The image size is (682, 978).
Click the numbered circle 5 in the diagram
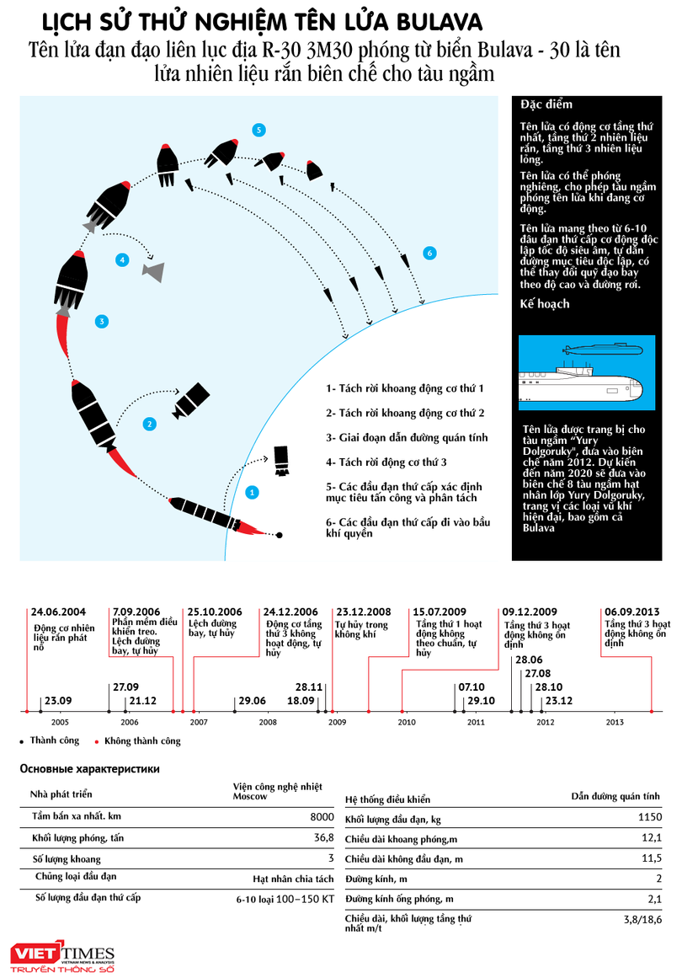[258, 129]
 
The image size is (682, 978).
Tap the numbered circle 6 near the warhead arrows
[429, 253]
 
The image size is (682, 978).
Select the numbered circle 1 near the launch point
[251, 492]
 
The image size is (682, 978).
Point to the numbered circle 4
[122, 260]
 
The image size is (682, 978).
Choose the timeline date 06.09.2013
[631, 612]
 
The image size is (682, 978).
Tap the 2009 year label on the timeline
[337, 723]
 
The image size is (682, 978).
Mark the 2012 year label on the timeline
[546, 723]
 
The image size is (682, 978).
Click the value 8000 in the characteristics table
[322, 817]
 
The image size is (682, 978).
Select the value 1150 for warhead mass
[648, 818]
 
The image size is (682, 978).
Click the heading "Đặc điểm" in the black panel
[546, 104]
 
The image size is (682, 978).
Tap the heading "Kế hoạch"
[545, 304]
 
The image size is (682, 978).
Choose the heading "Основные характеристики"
[89, 769]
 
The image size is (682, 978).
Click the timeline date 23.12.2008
[365, 612]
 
